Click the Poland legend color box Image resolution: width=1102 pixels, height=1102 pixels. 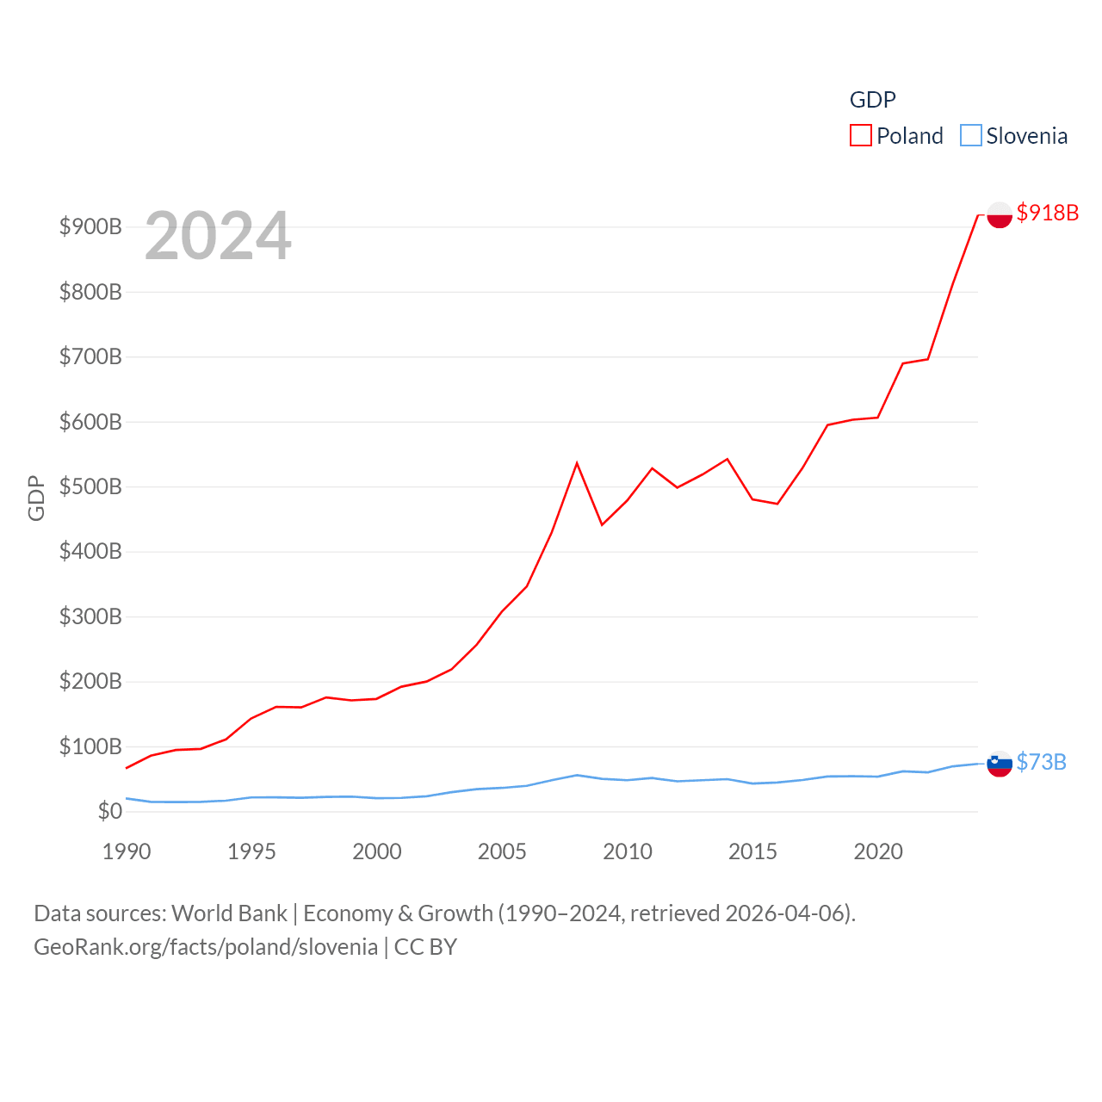(x=860, y=136)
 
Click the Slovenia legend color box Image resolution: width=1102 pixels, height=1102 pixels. (x=970, y=136)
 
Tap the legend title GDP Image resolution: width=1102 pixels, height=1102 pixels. (x=872, y=100)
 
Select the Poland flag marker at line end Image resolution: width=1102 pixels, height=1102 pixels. (x=999, y=214)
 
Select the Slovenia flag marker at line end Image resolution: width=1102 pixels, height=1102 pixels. (x=999, y=764)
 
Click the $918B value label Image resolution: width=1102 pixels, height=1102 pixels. (x=1047, y=213)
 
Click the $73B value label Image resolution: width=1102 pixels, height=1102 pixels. (x=1041, y=762)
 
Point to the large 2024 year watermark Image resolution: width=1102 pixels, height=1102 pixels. (x=218, y=236)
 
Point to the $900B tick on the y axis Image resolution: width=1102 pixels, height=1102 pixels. (x=90, y=226)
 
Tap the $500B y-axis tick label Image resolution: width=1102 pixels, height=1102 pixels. (x=90, y=486)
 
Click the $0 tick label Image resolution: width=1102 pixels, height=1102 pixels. (x=109, y=811)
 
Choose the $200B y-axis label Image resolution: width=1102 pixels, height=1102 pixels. (x=90, y=681)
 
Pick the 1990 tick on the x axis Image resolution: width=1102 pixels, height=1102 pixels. (x=127, y=851)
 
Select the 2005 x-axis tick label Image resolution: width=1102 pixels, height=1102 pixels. (x=502, y=851)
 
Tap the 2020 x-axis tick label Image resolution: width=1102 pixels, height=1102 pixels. (x=878, y=851)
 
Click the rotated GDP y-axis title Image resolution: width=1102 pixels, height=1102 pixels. (x=36, y=498)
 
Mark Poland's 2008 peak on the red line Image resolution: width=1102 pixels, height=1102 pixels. (x=577, y=463)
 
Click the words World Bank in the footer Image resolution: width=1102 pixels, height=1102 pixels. (x=229, y=913)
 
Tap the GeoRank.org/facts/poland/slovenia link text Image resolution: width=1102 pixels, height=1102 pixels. (x=206, y=947)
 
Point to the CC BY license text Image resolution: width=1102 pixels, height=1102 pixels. (x=425, y=947)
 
